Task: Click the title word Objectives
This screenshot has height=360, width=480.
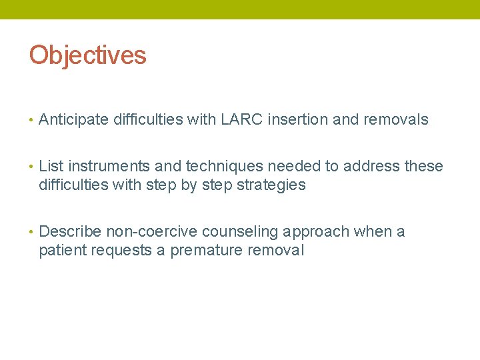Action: coord(87,55)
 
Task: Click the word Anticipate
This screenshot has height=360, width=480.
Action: coord(74,120)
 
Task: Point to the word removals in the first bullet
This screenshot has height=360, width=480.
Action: coord(395,120)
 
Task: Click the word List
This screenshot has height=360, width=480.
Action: coord(51,166)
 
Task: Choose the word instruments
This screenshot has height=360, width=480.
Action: coord(109,166)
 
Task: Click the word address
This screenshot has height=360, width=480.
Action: coord(366,166)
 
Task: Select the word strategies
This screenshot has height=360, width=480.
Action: coord(272,185)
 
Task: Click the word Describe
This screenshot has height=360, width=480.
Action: coord(70,231)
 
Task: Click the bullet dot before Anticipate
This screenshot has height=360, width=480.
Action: coord(31,121)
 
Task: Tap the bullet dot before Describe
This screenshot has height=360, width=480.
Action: coord(31,232)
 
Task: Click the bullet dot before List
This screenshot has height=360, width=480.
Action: coord(31,167)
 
